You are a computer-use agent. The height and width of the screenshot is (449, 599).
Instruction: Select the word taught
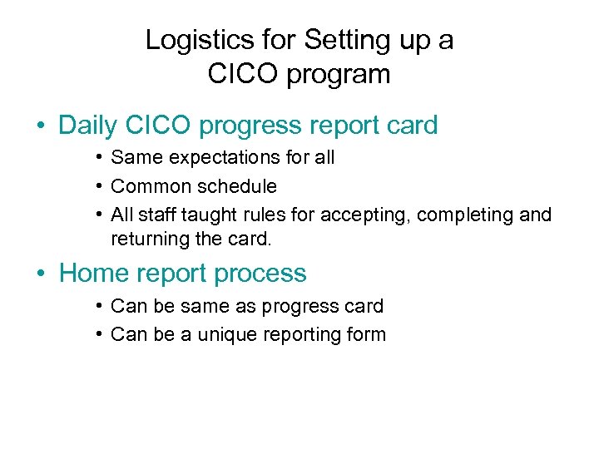point(208,215)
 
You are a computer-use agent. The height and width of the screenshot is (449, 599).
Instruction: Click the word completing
point(465,215)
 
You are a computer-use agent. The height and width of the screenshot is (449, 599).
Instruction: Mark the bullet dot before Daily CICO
point(40,126)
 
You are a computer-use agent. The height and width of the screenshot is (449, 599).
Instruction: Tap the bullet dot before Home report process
point(40,274)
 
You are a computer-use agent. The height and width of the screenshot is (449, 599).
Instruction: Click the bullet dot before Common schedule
point(98,186)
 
